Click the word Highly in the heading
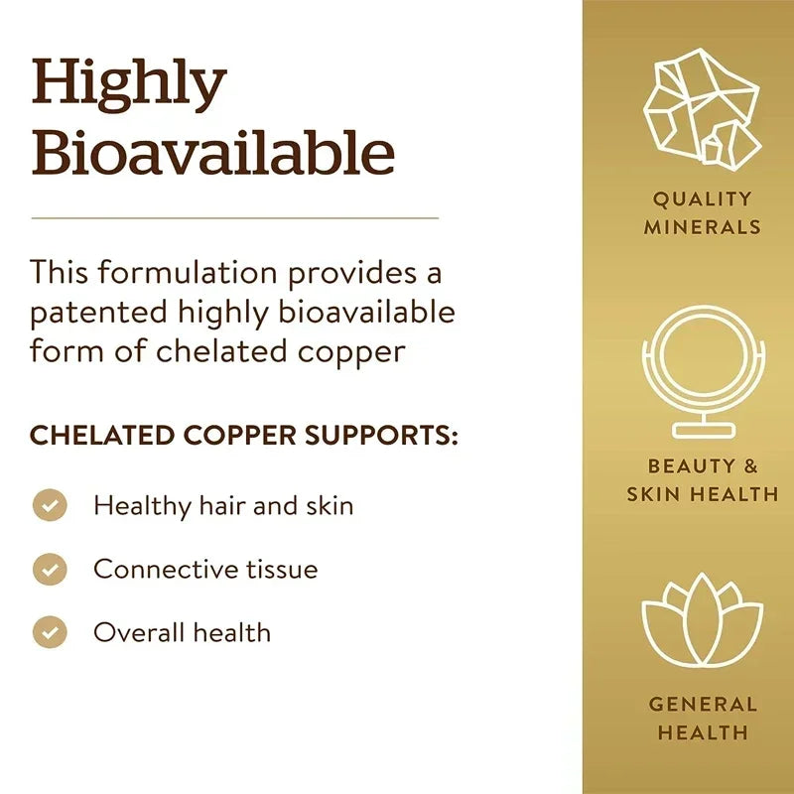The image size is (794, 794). (x=129, y=86)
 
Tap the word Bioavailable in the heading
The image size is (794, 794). (x=212, y=154)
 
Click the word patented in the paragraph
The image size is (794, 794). (x=97, y=312)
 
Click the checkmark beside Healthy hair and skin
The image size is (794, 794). (x=50, y=505)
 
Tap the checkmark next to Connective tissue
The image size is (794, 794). (x=50, y=569)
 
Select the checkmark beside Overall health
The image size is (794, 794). (x=50, y=632)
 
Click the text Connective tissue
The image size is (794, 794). (x=205, y=569)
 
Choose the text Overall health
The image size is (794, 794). (x=182, y=632)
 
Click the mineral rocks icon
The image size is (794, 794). (x=702, y=107)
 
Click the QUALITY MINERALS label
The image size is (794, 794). (x=702, y=212)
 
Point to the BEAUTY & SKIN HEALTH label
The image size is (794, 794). (x=702, y=479)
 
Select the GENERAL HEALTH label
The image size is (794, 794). (x=702, y=719)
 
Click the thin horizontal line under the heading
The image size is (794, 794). (x=234, y=217)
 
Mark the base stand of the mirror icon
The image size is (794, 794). (x=702, y=431)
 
